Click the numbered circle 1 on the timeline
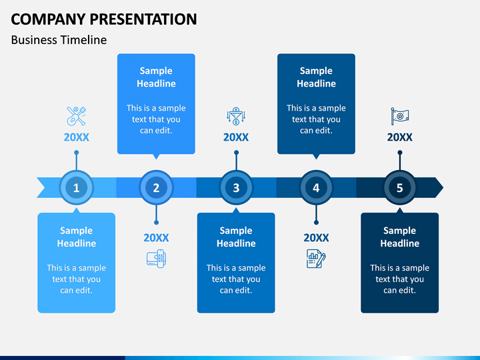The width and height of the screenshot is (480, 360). click(x=76, y=187)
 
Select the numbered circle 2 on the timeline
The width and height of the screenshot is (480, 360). click(x=156, y=187)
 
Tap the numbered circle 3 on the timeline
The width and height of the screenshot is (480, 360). click(x=236, y=187)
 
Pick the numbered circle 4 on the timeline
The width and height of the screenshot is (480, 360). click(x=316, y=187)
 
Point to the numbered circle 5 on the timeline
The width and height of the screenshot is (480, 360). click(x=400, y=187)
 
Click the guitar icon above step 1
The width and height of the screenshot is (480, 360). click(x=77, y=116)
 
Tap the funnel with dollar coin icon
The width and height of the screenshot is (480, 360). click(x=236, y=116)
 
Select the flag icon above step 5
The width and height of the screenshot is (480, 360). click(x=400, y=116)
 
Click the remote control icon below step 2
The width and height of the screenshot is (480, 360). click(x=157, y=259)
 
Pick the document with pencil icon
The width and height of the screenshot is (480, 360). click(x=316, y=259)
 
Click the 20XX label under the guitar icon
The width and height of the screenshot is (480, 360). click(x=77, y=137)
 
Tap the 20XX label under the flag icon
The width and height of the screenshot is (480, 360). click(x=400, y=137)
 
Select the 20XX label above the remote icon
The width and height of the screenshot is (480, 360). click(x=156, y=237)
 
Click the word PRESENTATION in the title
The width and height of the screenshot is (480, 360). click(x=143, y=19)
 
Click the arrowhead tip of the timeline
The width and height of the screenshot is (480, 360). click(x=443, y=187)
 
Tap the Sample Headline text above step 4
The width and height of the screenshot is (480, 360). click(x=316, y=77)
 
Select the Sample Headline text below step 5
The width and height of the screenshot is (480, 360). click(x=400, y=237)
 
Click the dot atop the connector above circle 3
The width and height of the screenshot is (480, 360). click(x=236, y=153)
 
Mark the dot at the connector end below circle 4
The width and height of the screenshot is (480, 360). click(x=316, y=223)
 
